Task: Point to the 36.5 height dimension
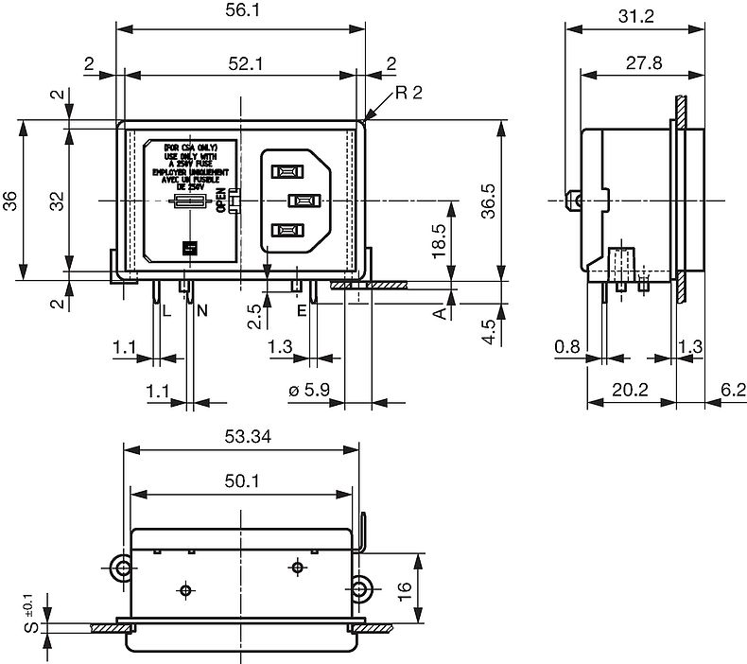click(490, 200)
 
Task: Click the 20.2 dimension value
click(630, 389)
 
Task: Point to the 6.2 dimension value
click(732, 389)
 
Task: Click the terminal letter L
click(165, 310)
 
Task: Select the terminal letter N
click(202, 310)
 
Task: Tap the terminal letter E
click(302, 310)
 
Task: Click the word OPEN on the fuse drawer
click(220, 201)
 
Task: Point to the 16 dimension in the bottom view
click(404, 588)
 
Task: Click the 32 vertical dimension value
click(55, 201)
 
